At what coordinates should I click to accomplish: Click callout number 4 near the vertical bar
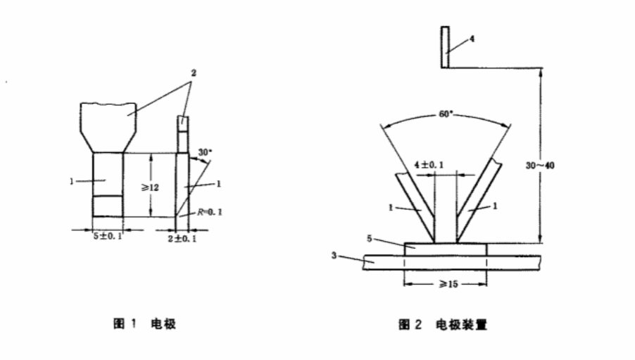point(471,40)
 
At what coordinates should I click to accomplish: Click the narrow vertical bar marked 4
point(445,47)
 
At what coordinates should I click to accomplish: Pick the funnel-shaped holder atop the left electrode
point(110,125)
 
